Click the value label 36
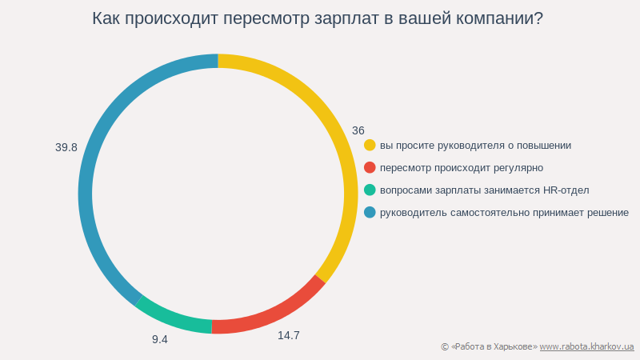click(x=358, y=130)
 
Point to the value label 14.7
click(x=289, y=335)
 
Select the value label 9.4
click(x=160, y=339)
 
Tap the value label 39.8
click(x=66, y=147)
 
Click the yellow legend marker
click(x=370, y=145)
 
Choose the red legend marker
click(x=370, y=167)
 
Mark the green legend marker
click(x=370, y=190)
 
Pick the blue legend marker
click(x=370, y=212)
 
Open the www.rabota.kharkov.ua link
click(x=586, y=346)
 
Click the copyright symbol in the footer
click(x=445, y=346)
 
